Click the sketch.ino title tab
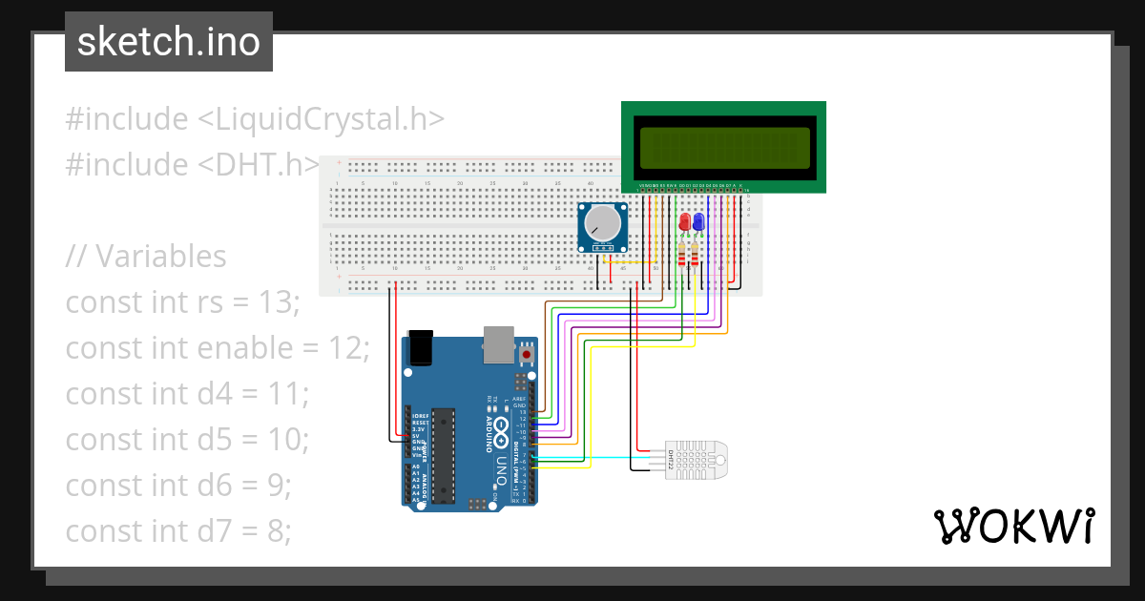pyautogui.click(x=169, y=42)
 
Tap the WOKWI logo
pyautogui.click(x=1013, y=526)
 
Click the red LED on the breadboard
pyautogui.click(x=684, y=222)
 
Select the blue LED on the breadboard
pyautogui.click(x=698, y=222)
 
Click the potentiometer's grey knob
pyautogui.click(x=602, y=225)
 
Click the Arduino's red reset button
pyautogui.click(x=527, y=354)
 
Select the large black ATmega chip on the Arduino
pyautogui.click(x=442, y=455)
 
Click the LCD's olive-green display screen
pyautogui.click(x=724, y=147)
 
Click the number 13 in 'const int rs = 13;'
pyautogui.click(x=279, y=302)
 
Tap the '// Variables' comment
pyautogui.click(x=146, y=257)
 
